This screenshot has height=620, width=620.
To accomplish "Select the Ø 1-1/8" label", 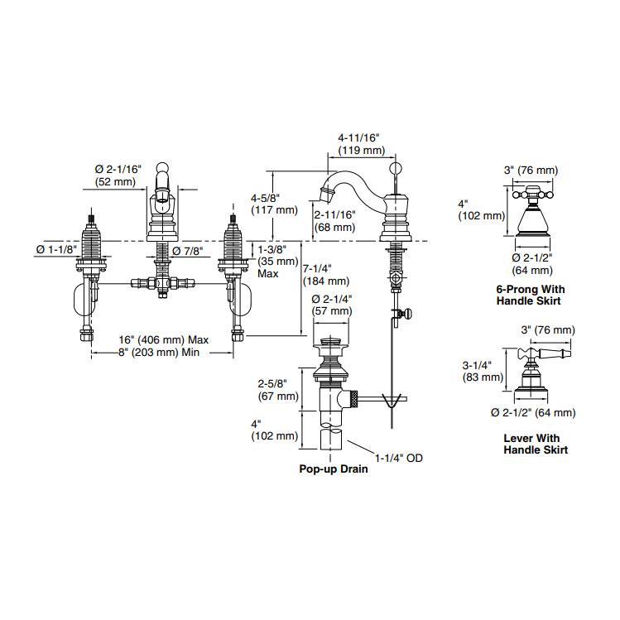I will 55,248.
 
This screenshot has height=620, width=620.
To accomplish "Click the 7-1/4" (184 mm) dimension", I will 326,275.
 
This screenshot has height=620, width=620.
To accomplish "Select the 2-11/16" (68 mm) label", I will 335,220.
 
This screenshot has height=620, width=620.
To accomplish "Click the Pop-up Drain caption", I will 334,469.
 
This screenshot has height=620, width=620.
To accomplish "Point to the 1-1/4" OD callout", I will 398,457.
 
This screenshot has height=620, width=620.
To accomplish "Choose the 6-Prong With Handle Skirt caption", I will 528,295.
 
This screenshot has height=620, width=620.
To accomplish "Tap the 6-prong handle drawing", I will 530,211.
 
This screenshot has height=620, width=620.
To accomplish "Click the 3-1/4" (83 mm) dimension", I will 481,370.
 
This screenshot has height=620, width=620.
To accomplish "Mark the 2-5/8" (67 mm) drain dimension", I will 277,390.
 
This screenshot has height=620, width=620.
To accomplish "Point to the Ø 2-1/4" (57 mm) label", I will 332,305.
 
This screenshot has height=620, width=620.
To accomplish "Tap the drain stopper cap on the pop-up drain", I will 331,342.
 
